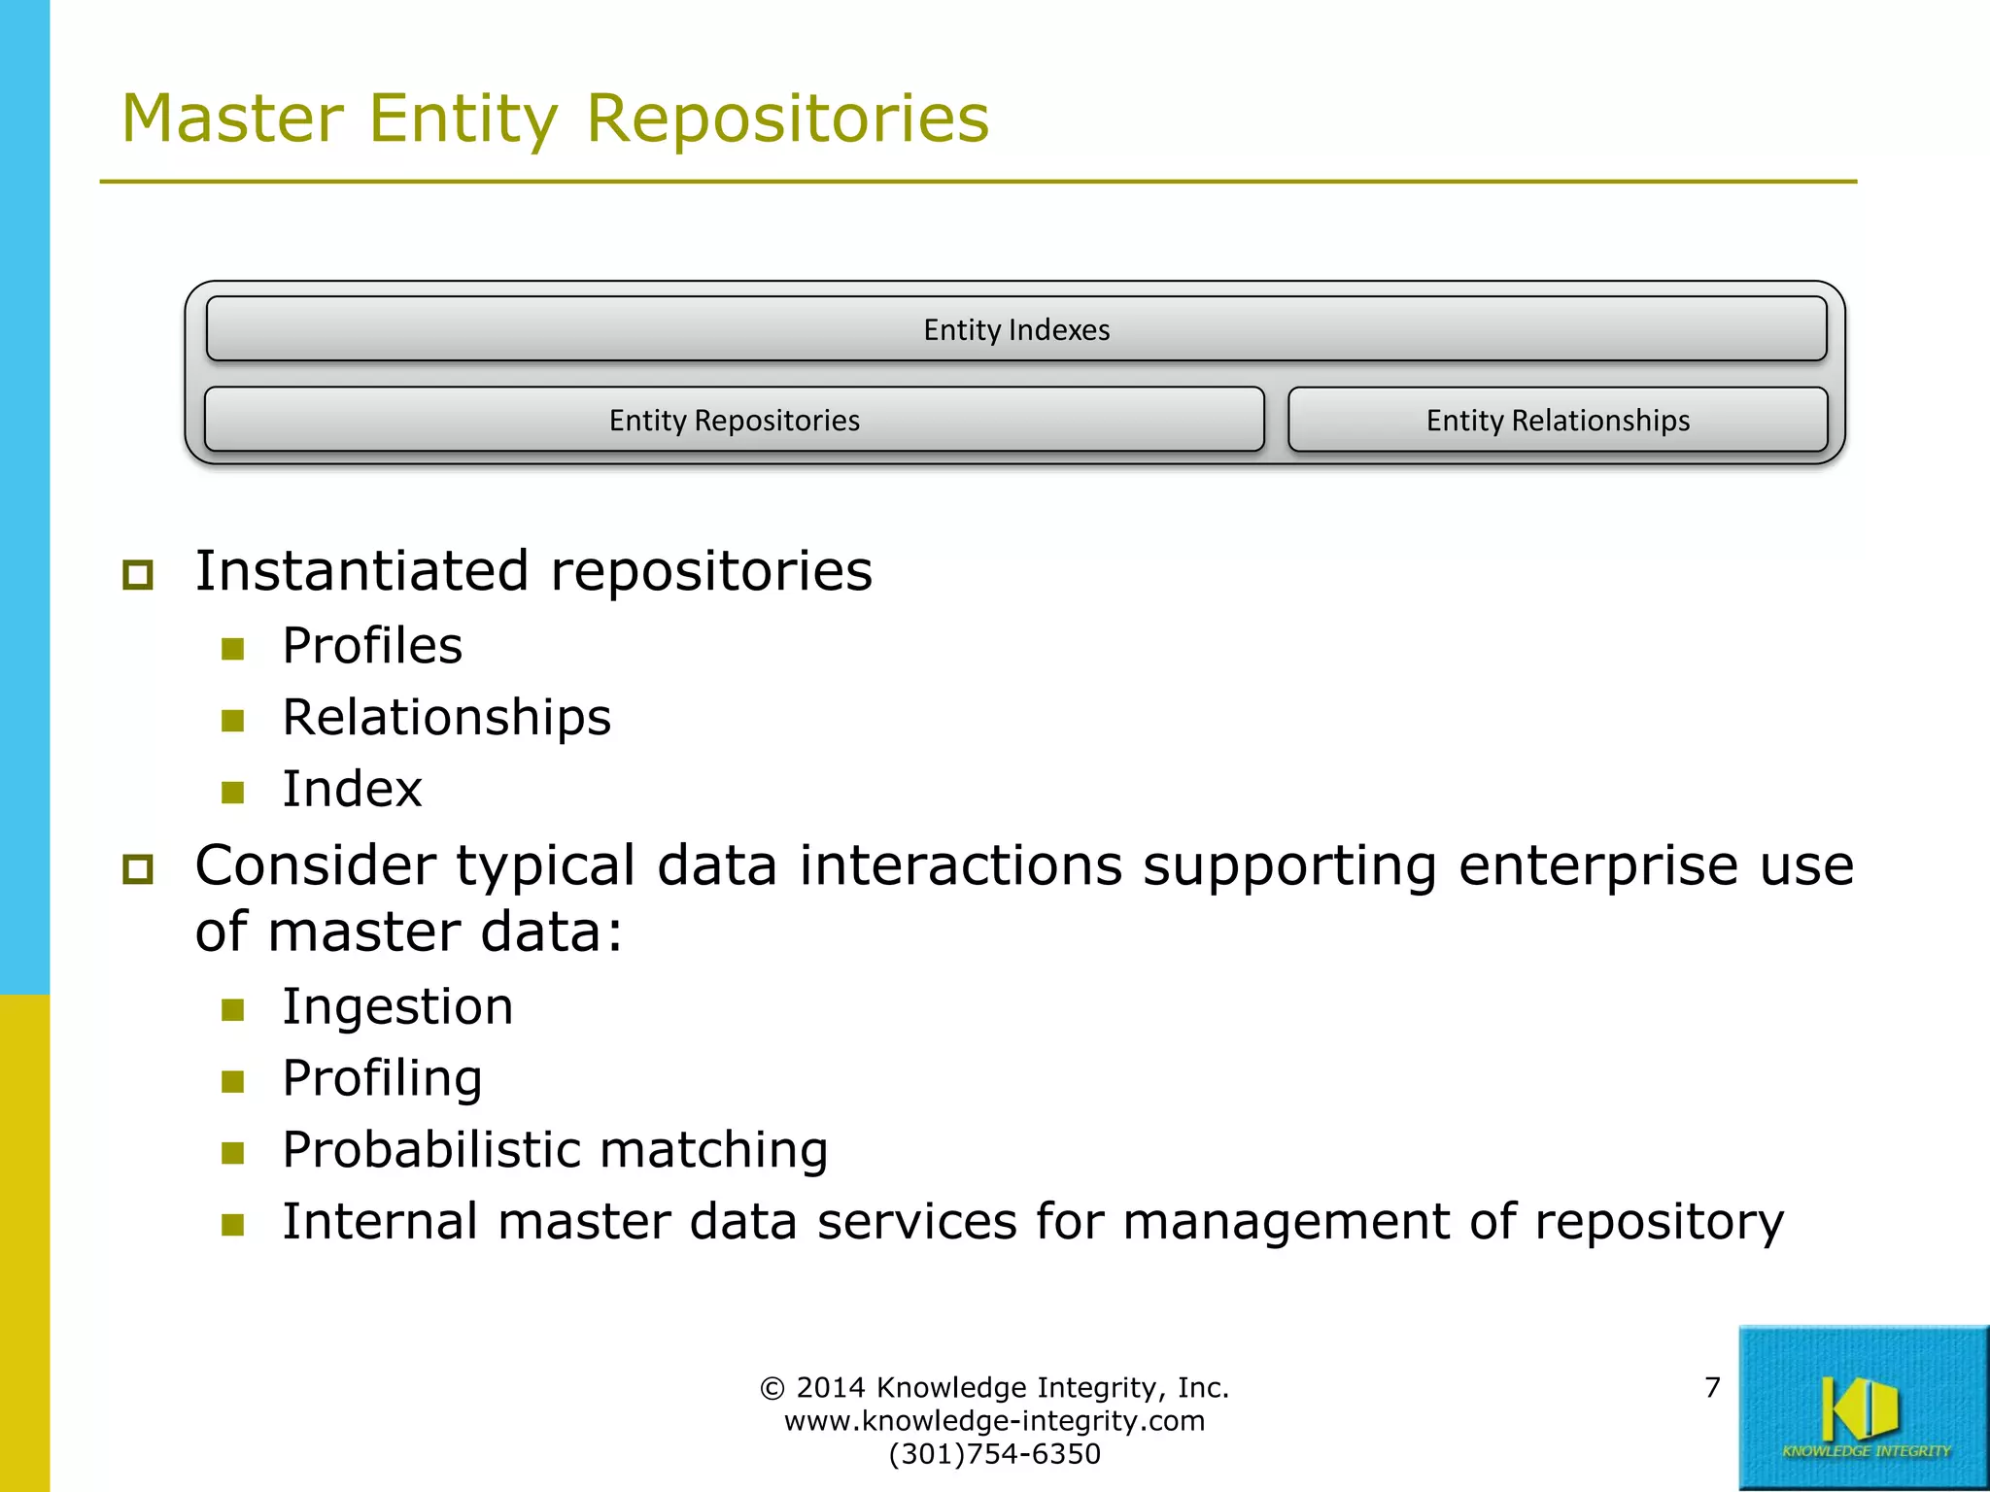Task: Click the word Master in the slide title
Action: pos(232,119)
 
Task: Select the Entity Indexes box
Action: pos(1015,330)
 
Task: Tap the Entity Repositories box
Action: pos(734,421)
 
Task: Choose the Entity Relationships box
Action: pos(1557,421)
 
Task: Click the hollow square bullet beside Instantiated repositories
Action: pos(138,574)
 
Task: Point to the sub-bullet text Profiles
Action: pos(372,646)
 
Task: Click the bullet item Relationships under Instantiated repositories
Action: pos(446,718)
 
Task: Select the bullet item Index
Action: pos(352,789)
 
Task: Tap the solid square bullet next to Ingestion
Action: pos(232,1010)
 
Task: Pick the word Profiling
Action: pos(382,1078)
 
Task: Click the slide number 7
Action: pos(1712,1387)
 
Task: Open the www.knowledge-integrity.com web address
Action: pos(994,1421)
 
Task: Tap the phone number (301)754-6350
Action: pos(994,1454)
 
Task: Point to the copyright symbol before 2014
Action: pos(772,1388)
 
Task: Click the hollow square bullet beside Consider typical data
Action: pos(138,868)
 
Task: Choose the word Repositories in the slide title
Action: pos(787,119)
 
